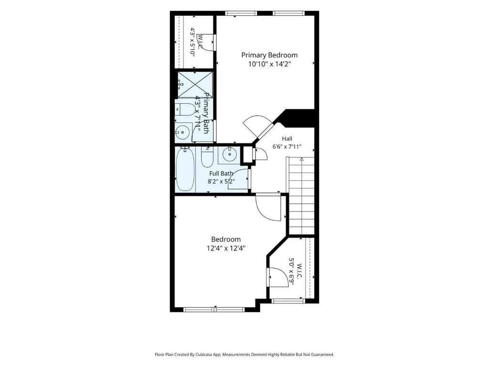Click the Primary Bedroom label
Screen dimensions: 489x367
(x=269, y=55)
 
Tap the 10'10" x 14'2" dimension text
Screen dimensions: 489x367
(x=269, y=65)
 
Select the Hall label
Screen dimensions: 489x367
(x=287, y=139)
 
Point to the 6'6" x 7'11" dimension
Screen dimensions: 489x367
(x=287, y=147)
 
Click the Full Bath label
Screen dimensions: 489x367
(x=221, y=173)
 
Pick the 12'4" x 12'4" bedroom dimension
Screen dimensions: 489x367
(x=226, y=248)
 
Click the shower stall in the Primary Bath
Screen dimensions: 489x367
(x=195, y=85)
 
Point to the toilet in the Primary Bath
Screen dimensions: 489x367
(x=185, y=109)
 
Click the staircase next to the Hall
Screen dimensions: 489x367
(x=302, y=195)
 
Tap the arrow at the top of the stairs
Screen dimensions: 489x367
(x=302, y=160)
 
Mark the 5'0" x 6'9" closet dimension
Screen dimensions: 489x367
(x=294, y=272)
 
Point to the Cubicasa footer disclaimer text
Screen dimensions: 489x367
(x=244, y=355)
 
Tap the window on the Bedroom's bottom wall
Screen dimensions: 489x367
(x=214, y=310)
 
